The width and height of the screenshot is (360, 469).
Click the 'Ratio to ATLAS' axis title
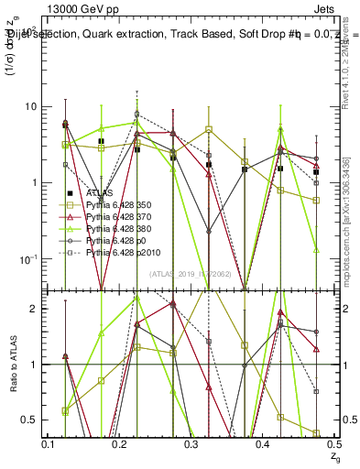point(12,364)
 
